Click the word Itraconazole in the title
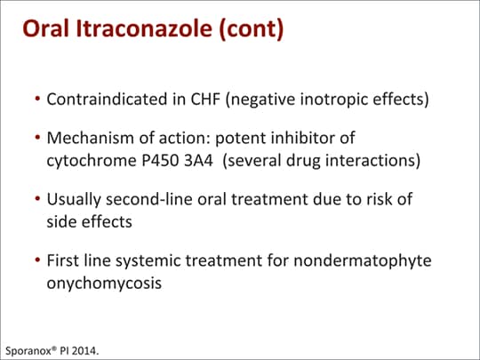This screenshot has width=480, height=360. tap(144, 28)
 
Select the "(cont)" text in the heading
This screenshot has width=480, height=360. tap(252, 29)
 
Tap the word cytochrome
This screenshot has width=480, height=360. tap(92, 161)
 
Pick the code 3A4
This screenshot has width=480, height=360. tap(198, 161)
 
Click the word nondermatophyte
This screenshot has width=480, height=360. tap(363, 261)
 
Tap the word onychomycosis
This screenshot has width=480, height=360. tap(104, 284)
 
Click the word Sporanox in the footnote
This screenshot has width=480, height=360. tap(28, 350)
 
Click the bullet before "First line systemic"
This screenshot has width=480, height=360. tap(37, 260)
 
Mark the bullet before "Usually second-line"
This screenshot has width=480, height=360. tap(37, 199)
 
